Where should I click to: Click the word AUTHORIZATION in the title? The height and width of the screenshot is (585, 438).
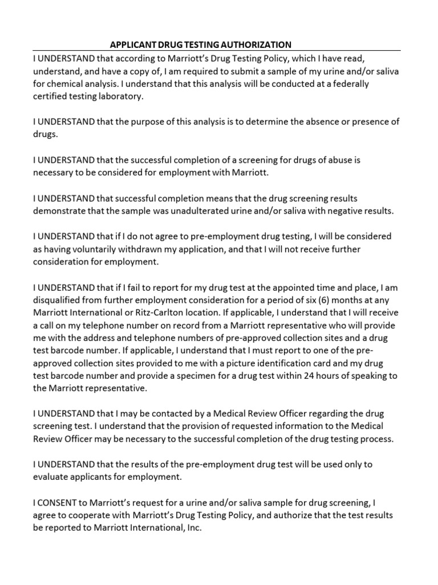(254, 45)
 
